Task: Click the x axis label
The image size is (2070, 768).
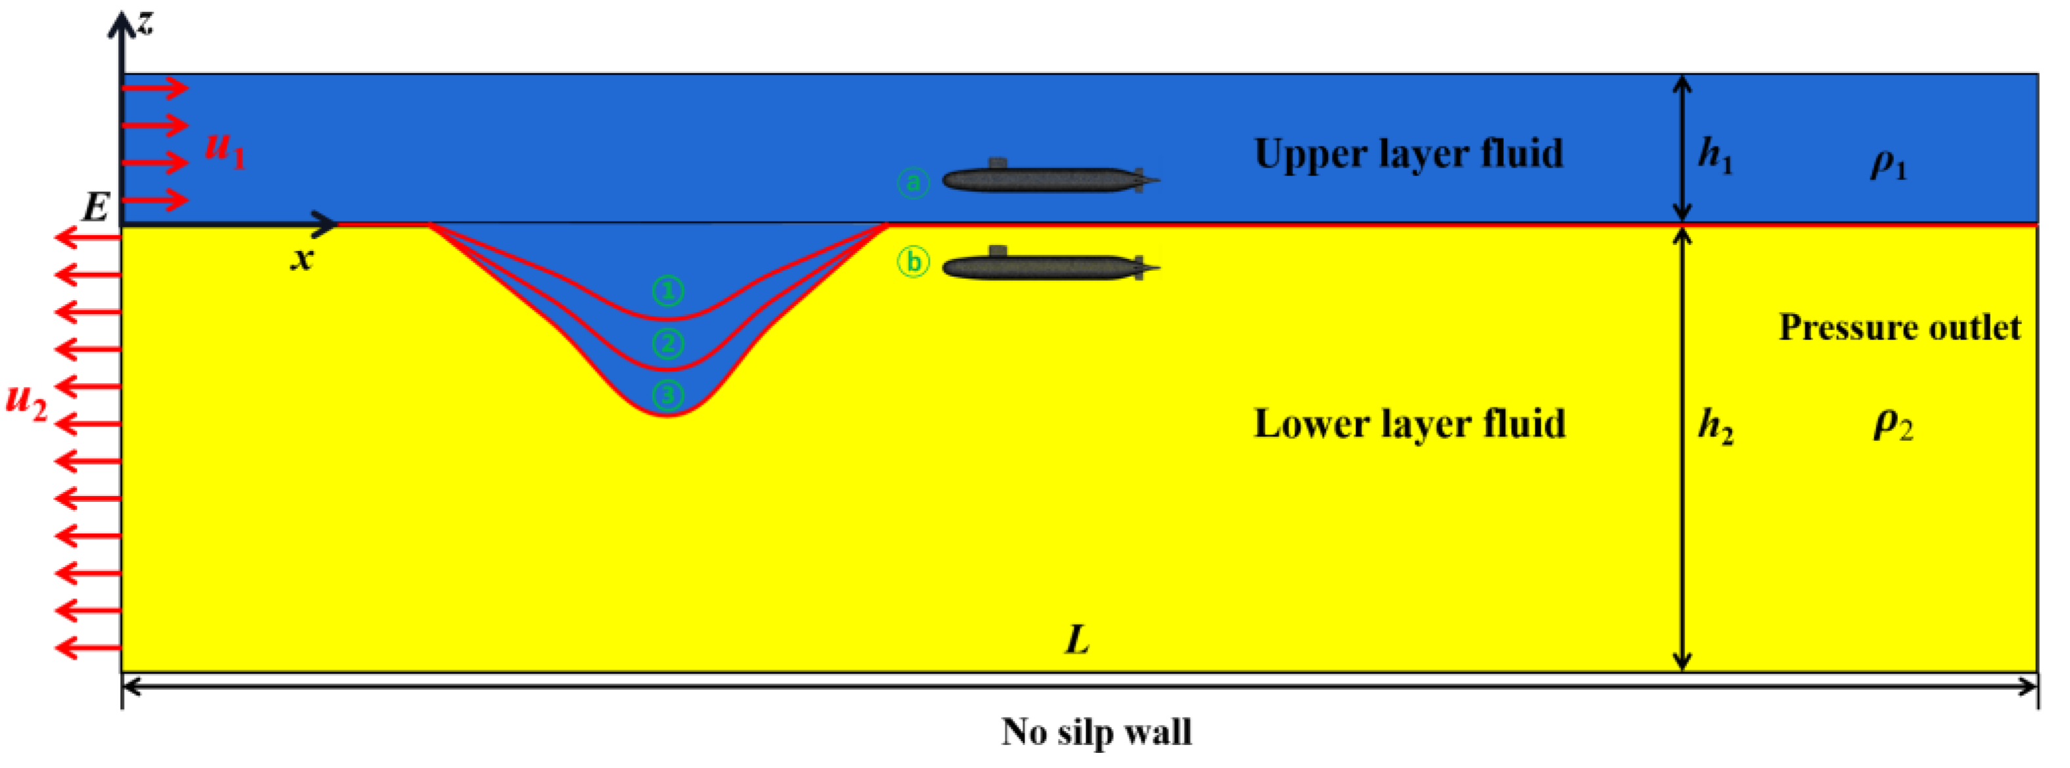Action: coord(302,259)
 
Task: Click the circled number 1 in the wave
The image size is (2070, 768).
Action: coord(668,291)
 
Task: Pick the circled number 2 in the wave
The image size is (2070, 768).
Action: coord(668,344)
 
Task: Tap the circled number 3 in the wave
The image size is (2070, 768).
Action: coord(668,395)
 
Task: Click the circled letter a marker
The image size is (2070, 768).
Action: coord(914,183)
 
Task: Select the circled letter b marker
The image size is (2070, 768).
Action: coord(914,262)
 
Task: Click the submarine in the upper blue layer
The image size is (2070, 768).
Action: coord(1049,179)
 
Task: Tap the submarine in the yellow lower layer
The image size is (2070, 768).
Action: coord(1049,266)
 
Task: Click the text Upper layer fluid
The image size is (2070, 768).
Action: coord(1409,154)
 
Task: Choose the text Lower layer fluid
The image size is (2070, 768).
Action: coord(1409,424)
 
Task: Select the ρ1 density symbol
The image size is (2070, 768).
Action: coord(1888,166)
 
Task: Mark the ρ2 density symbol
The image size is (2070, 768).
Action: coord(1893,424)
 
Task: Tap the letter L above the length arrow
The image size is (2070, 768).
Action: coord(1078,640)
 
